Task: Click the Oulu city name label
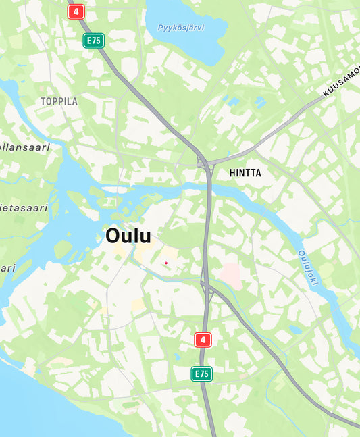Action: [128, 236]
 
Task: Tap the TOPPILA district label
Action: [59, 101]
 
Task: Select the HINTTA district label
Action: [245, 173]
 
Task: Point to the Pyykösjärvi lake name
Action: [181, 28]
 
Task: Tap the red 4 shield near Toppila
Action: [76, 11]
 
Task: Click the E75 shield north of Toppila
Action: [93, 41]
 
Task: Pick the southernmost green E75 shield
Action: [202, 374]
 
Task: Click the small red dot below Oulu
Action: [165, 262]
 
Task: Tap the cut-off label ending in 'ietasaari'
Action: [24, 208]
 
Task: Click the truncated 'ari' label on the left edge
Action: [7, 268]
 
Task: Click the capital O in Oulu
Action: [113, 236]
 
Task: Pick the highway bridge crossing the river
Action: [208, 189]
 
